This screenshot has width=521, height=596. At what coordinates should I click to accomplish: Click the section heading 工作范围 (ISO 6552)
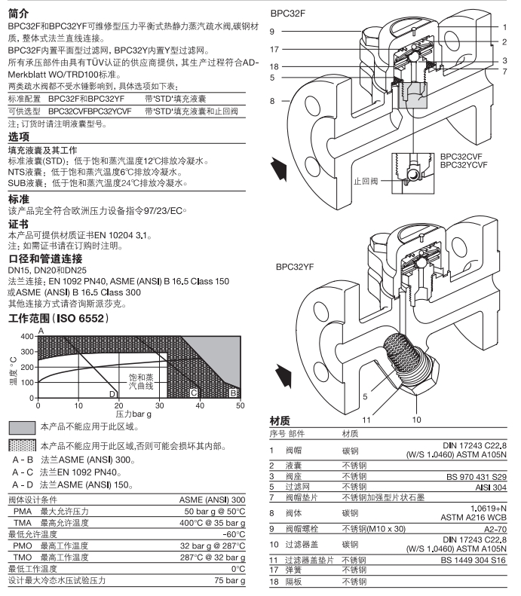(58, 319)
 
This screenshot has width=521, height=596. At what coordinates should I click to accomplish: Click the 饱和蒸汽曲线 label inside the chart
(139, 380)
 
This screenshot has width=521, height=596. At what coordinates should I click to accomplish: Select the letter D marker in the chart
(112, 393)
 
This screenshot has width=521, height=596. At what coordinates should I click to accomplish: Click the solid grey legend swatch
(21, 427)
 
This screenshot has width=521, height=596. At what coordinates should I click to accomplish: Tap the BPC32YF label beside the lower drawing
(296, 267)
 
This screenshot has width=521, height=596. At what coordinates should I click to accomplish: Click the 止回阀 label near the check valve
(366, 181)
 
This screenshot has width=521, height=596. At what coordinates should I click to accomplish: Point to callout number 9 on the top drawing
(274, 31)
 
